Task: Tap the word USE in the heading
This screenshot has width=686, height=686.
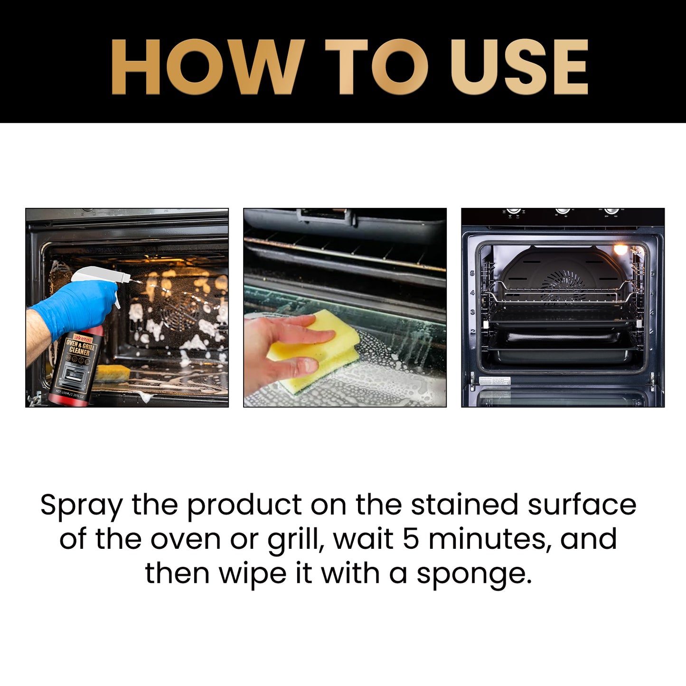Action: pyautogui.click(x=519, y=67)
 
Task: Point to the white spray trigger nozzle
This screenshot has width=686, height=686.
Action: pyautogui.click(x=102, y=275)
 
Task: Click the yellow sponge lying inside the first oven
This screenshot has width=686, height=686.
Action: pyautogui.click(x=112, y=373)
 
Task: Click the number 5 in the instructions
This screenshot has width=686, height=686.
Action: pyautogui.click(x=411, y=539)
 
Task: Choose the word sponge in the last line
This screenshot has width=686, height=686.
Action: pyautogui.click(x=474, y=574)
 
